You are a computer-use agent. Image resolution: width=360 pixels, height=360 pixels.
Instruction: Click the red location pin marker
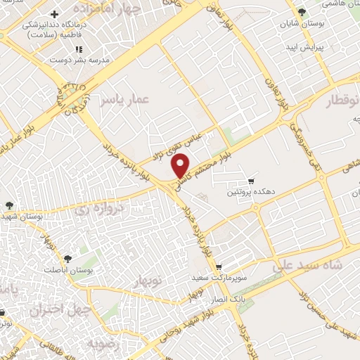(x=181, y=165)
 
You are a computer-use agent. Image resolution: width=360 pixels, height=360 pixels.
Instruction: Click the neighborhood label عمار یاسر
(x=126, y=101)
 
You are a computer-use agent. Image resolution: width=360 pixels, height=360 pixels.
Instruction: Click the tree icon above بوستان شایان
(x=302, y=12)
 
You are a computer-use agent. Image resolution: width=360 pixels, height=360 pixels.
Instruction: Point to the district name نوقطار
(x=342, y=101)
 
